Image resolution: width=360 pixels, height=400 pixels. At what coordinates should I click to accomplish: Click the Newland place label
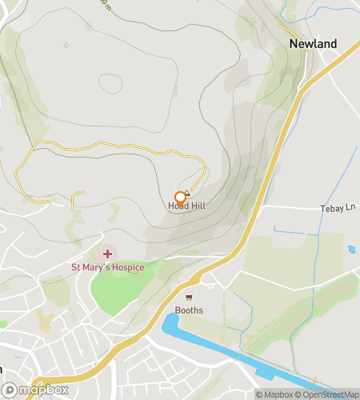coord(313,44)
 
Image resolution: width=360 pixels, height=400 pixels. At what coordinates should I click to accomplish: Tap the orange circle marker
coord(180,196)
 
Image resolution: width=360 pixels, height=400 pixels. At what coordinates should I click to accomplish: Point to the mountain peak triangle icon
coord(187,192)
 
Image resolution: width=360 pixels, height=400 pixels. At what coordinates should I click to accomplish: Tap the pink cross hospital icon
coord(107,254)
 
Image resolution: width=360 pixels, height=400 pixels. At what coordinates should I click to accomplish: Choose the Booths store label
coord(189,310)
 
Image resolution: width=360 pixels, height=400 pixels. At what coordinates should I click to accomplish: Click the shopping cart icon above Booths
coord(189,298)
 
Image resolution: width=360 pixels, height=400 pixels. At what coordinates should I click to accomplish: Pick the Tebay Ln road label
coord(338,208)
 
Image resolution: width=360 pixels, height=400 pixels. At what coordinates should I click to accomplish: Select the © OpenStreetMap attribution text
coord(328,394)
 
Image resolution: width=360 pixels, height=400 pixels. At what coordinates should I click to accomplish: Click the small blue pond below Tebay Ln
coord(352,250)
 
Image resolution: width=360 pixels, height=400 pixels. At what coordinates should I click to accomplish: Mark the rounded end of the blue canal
coord(168,322)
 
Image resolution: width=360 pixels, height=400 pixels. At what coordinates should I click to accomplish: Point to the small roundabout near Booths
coord(210,286)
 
